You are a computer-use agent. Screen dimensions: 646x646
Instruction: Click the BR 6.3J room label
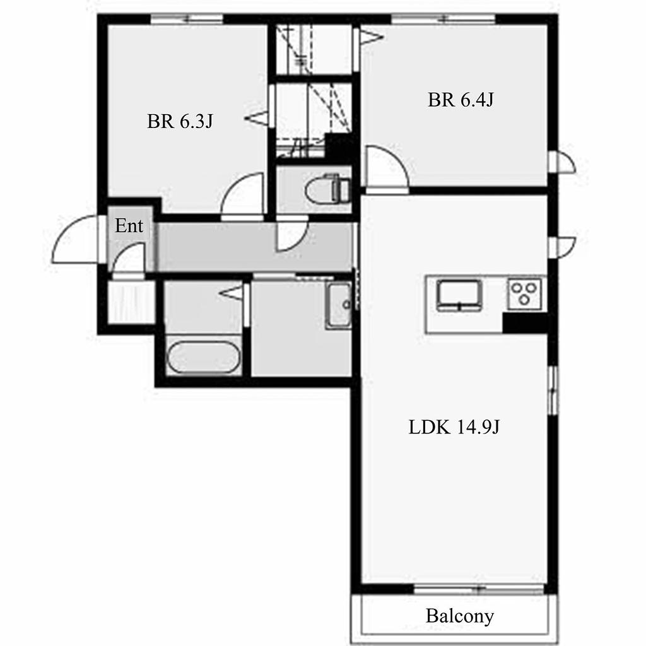(x=180, y=122)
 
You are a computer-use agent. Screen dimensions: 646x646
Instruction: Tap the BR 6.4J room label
(x=460, y=100)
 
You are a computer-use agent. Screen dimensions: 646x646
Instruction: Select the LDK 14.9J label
(x=454, y=427)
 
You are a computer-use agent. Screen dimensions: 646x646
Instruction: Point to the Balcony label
(x=459, y=616)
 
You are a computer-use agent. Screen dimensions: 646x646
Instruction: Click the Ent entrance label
(x=129, y=226)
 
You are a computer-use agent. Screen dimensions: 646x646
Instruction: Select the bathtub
(x=203, y=358)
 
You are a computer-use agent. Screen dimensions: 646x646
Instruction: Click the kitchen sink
(x=459, y=295)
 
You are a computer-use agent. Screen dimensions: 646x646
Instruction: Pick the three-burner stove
(x=524, y=293)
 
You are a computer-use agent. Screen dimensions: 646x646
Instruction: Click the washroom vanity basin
(x=339, y=305)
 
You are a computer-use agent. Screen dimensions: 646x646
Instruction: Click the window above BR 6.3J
(x=187, y=19)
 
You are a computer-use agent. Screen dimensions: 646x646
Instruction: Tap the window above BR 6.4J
(x=443, y=19)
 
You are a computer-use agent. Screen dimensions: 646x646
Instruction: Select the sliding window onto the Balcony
(x=479, y=589)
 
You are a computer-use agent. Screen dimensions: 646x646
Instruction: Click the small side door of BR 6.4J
(x=561, y=161)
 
